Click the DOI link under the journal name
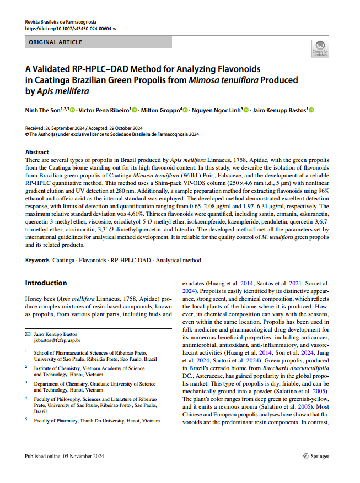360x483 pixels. [71, 29]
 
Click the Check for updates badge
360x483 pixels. [320, 49]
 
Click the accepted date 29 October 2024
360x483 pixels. [122, 128]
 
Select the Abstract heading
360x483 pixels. [37, 152]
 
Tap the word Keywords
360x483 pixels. [37, 260]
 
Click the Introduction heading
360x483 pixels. [46, 283]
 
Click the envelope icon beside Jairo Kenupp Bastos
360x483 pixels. [28, 334]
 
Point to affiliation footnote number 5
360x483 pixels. [26, 419]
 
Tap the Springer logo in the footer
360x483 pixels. [316, 456]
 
